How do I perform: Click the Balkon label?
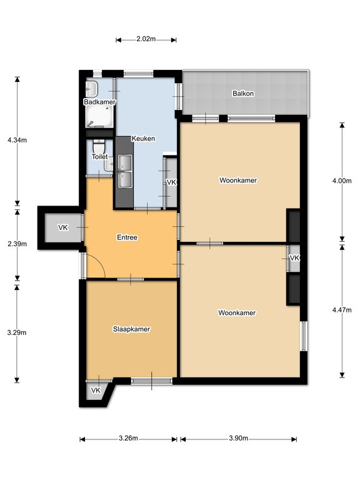[243, 93]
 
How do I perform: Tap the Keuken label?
[143, 138]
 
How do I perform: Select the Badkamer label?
[100, 102]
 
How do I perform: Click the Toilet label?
[100, 157]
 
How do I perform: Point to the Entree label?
[127, 237]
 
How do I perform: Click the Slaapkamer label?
[132, 329]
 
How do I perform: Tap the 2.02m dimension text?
[146, 39]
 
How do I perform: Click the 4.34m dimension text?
[17, 140]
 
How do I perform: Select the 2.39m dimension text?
[17, 244]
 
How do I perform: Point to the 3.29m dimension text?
[17, 332]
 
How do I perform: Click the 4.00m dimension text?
[342, 181]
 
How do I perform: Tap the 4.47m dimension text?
[342, 310]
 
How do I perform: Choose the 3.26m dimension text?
[128, 438]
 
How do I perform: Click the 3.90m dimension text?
[239, 438]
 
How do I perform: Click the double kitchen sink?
[125, 171]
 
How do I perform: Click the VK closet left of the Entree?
[63, 227]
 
